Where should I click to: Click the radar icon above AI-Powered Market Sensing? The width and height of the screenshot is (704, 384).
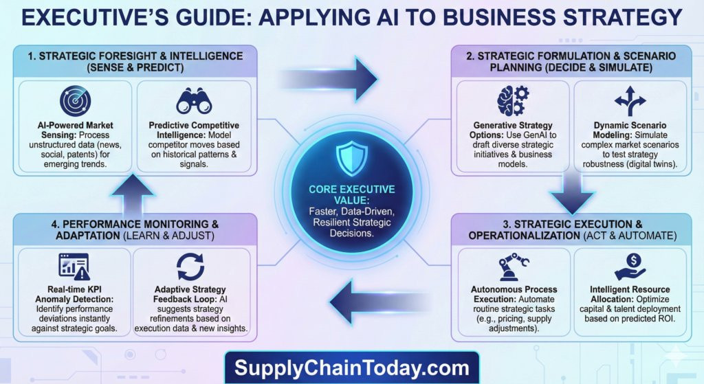75,102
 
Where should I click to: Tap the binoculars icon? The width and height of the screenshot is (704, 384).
194,100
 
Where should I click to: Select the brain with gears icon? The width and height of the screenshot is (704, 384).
513,100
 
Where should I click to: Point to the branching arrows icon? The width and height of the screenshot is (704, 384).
630,102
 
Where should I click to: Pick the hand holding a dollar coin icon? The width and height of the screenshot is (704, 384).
630,267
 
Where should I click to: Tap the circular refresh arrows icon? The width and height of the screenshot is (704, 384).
190,267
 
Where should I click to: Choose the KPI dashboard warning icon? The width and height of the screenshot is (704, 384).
74,267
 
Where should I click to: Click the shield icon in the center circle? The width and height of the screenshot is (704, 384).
351,158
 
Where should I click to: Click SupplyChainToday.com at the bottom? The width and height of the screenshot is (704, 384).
351,368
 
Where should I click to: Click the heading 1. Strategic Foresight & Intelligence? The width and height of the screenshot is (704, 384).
135,56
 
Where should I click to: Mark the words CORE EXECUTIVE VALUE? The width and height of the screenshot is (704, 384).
351,194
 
